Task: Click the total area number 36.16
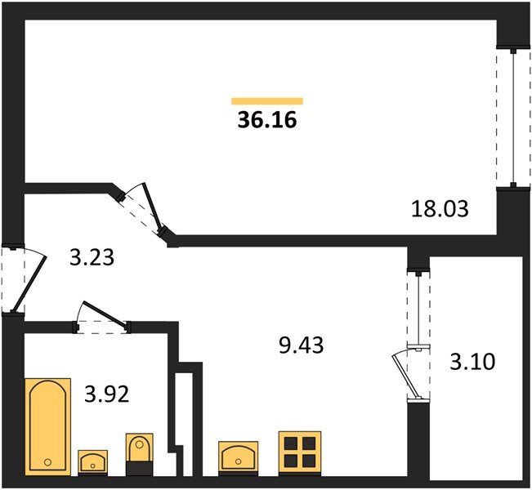(x=267, y=120)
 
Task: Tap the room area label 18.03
(x=440, y=209)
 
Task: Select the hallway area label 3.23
(x=92, y=257)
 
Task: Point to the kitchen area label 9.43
(x=301, y=345)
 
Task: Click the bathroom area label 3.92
(x=107, y=394)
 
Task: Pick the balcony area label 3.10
(x=472, y=362)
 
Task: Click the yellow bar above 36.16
(x=267, y=101)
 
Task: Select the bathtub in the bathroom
(x=48, y=426)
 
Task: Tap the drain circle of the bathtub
(x=48, y=462)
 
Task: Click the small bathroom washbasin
(x=92, y=462)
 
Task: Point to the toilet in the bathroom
(x=139, y=454)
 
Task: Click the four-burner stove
(x=300, y=452)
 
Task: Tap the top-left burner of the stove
(x=291, y=443)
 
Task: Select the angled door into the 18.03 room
(x=152, y=207)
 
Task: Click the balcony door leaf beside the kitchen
(x=405, y=376)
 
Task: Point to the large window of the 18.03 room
(x=514, y=118)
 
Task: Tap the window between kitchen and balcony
(x=419, y=308)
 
